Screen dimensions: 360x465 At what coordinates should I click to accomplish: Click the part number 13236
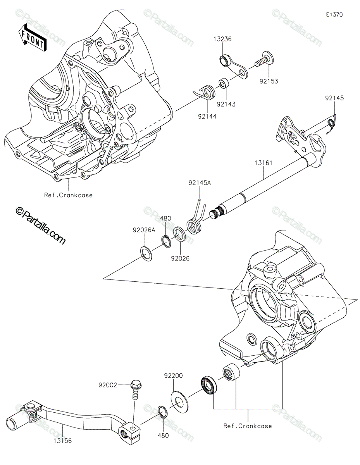(x=222, y=39)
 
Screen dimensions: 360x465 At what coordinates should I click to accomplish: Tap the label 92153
(x=269, y=81)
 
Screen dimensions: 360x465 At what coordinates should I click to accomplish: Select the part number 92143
(x=226, y=104)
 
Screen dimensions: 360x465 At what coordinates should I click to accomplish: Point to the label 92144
(x=207, y=116)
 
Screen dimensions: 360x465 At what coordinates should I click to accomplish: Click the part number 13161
(x=264, y=163)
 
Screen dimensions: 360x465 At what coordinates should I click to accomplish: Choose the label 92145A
(x=200, y=183)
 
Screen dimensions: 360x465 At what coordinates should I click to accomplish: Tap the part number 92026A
(x=144, y=230)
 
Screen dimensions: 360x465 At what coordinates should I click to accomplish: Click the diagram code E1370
(x=334, y=15)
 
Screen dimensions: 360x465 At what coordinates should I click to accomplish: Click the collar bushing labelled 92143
(x=224, y=83)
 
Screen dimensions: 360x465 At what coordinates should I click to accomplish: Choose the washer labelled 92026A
(x=146, y=254)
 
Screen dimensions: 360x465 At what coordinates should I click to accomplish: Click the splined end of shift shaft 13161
(x=215, y=214)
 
